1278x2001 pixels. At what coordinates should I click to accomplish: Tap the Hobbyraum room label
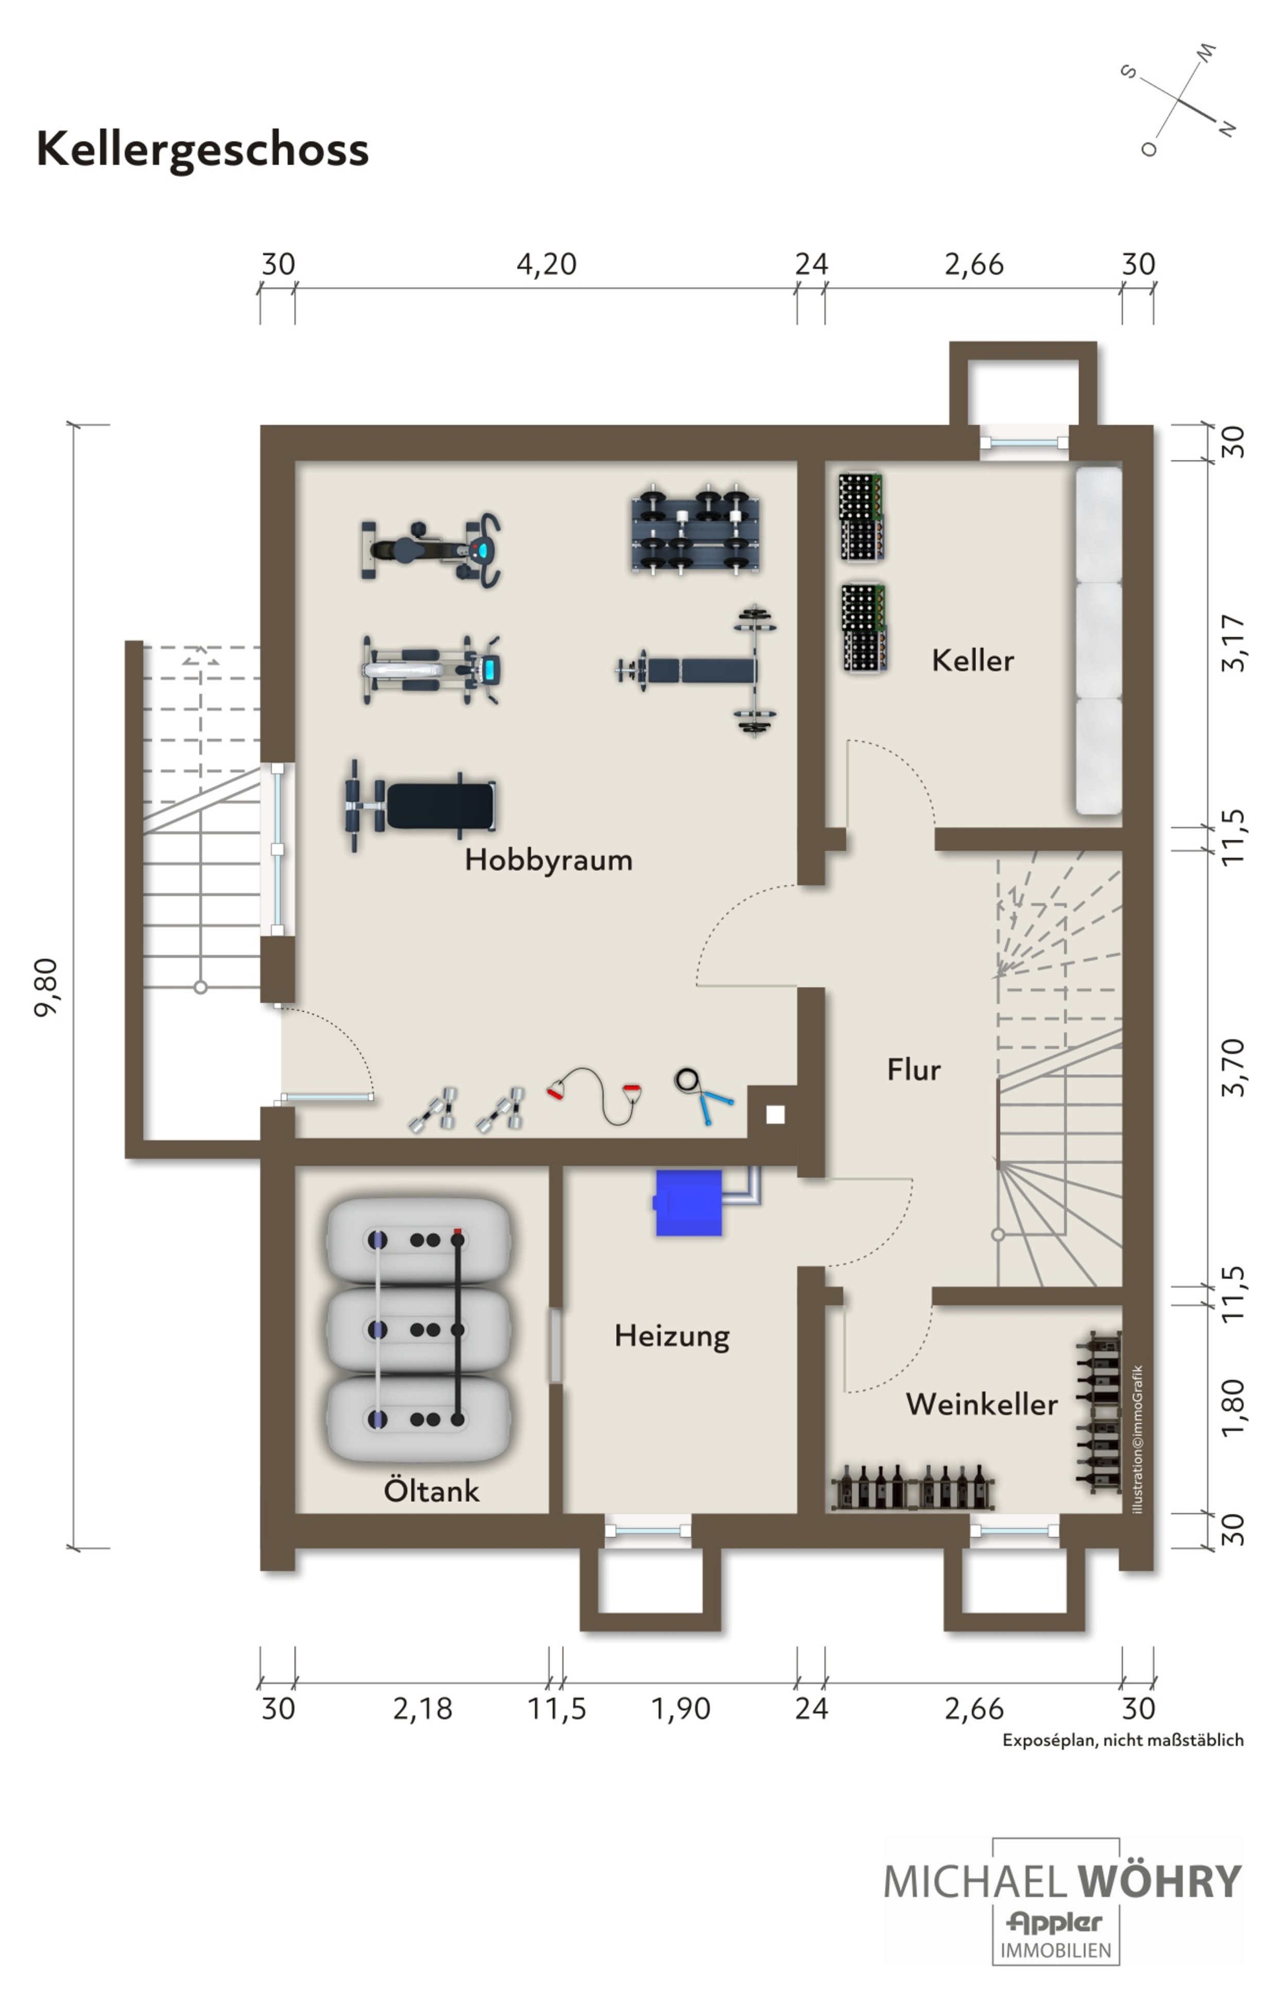point(548,860)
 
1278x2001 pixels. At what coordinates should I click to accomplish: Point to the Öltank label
point(431,1490)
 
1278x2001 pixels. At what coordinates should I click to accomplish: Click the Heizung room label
point(672,1337)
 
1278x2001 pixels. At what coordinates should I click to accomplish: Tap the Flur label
point(914,1070)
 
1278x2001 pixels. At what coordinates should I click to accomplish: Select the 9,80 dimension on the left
point(46,987)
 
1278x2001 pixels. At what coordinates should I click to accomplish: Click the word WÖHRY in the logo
point(1158,1881)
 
